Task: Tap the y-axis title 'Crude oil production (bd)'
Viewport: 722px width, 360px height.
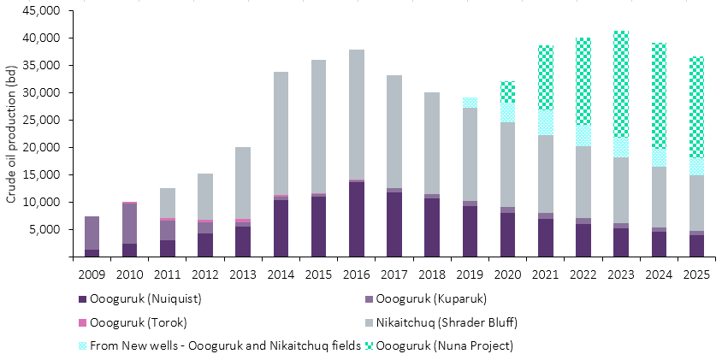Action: point(11,133)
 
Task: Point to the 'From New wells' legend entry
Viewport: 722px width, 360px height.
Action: point(214,345)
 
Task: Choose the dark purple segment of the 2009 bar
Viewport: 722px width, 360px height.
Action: point(92,253)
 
